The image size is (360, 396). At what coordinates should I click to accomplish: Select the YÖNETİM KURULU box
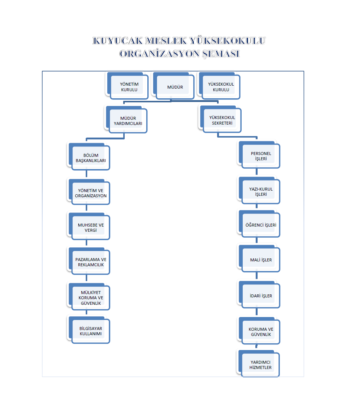click(129, 87)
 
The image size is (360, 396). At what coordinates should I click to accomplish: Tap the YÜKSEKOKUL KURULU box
click(221, 87)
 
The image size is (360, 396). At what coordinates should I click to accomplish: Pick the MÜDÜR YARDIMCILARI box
click(128, 121)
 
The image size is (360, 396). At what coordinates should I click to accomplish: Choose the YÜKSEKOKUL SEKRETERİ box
click(222, 121)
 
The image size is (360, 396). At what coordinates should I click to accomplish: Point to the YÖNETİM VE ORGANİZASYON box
click(91, 193)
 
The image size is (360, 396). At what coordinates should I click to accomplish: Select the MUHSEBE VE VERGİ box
click(91, 228)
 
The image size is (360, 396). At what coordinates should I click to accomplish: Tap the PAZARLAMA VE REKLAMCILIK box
click(91, 262)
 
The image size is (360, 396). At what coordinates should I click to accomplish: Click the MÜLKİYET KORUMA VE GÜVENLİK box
click(91, 298)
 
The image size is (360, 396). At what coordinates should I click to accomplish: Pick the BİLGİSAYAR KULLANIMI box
click(91, 331)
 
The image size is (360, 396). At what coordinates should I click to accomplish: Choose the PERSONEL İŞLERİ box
click(261, 156)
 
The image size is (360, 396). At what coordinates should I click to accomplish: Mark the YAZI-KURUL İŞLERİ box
click(261, 192)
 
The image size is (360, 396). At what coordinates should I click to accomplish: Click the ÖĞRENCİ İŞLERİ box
click(261, 225)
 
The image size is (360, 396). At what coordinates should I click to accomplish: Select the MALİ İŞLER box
click(261, 260)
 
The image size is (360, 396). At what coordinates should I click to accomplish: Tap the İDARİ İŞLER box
click(261, 296)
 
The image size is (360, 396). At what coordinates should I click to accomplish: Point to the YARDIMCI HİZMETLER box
click(261, 365)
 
